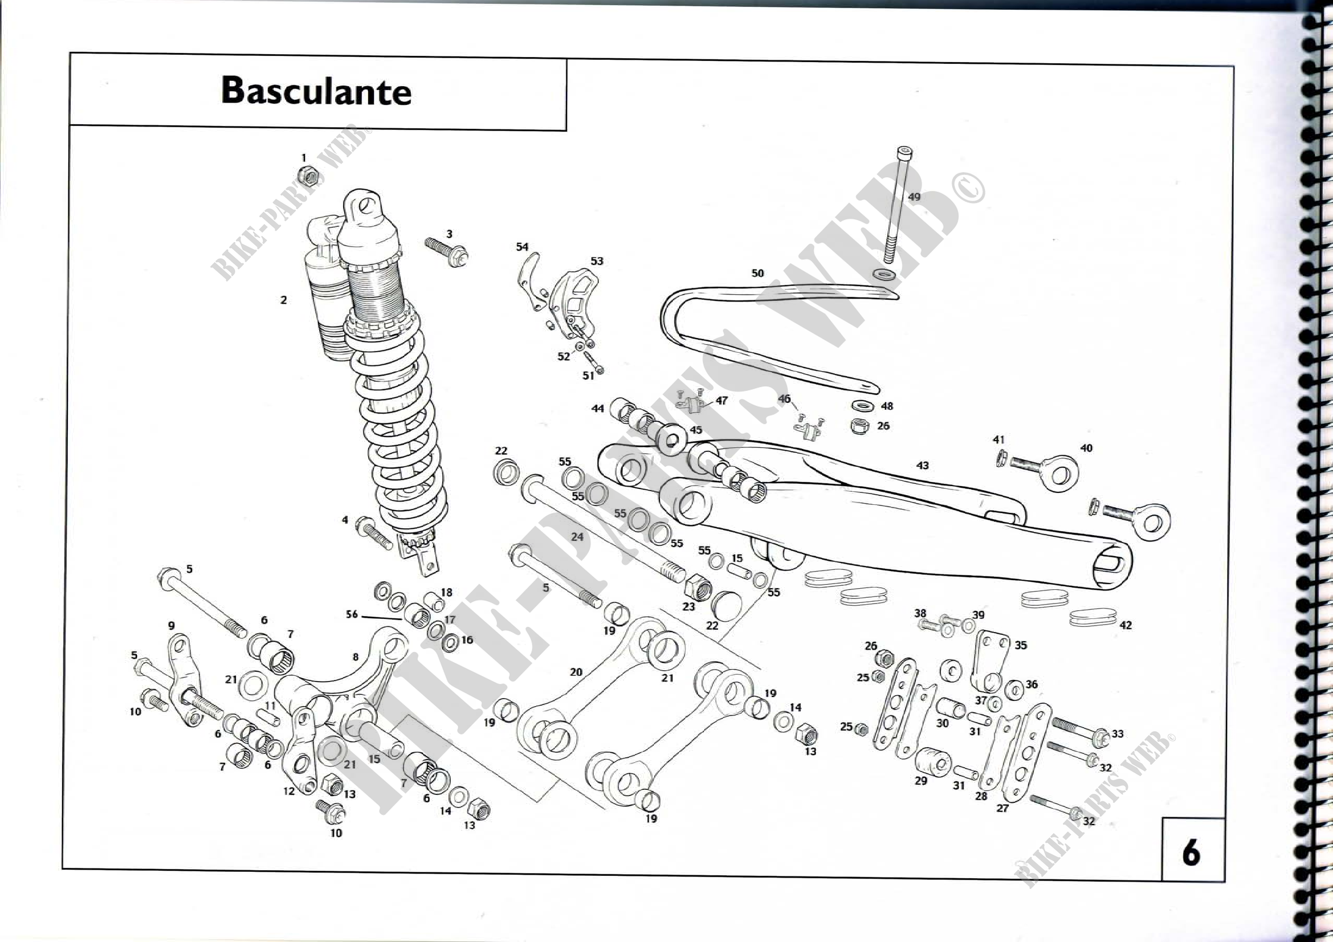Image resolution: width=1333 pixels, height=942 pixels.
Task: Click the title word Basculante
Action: click(316, 91)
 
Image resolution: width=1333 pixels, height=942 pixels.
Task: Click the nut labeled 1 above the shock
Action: click(308, 176)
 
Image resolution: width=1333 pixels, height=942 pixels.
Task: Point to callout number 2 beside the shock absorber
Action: click(283, 300)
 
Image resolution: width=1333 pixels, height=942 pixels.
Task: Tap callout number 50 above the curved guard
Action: click(757, 273)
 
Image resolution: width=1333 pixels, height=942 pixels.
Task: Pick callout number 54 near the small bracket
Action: click(522, 247)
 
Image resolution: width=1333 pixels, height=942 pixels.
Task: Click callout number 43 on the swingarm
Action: click(922, 466)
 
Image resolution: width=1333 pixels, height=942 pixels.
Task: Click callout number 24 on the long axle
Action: click(577, 537)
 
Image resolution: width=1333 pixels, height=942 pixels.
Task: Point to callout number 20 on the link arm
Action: click(576, 672)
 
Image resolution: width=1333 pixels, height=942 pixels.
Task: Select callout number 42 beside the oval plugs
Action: click(1125, 625)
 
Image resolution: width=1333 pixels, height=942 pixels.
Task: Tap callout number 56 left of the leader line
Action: click(352, 614)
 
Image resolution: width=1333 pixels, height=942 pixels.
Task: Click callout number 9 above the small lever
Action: click(172, 626)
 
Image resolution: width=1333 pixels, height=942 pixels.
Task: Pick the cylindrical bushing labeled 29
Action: click(933, 761)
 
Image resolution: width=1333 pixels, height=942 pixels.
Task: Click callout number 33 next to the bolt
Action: click(1118, 733)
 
